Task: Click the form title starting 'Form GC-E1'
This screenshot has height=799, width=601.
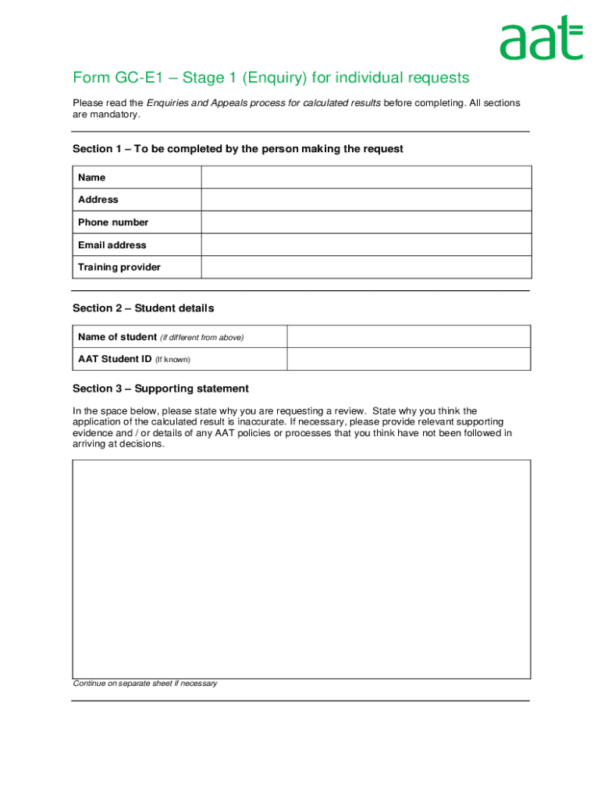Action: point(271,78)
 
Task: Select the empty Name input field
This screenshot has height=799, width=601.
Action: point(366,177)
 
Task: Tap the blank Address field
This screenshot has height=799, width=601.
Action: point(366,200)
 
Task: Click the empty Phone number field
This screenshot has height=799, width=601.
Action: point(366,222)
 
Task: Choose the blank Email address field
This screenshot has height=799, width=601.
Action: point(366,245)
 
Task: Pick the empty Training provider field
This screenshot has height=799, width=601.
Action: point(366,267)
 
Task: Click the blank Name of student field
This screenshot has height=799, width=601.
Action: point(409,337)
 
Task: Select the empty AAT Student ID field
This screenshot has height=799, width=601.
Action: point(409,359)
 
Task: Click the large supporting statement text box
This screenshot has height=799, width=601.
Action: point(301,569)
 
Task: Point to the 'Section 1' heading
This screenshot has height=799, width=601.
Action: point(238,149)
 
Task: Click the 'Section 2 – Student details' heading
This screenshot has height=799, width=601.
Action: point(143,308)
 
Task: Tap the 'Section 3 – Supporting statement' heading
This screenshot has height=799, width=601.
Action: point(161,389)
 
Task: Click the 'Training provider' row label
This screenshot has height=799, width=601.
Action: point(119,267)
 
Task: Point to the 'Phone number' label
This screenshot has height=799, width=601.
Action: point(113,222)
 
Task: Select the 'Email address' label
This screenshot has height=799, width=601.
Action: point(112,245)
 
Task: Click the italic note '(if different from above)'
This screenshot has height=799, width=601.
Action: point(202,338)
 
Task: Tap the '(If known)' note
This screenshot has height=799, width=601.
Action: point(172,360)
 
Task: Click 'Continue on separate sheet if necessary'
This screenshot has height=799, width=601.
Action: point(145,684)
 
